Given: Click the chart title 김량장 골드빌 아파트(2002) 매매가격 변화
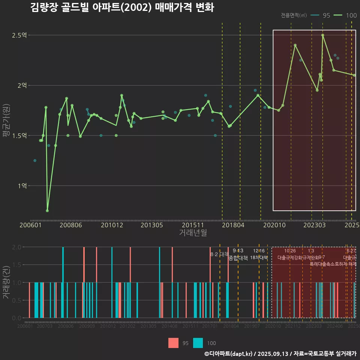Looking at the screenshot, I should pyautogui.click(x=122, y=7).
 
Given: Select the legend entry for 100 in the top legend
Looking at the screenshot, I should pyautogui.click(x=345, y=15).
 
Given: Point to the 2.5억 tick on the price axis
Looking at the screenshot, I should pyautogui.click(x=19, y=35).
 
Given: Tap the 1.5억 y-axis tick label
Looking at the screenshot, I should pyautogui.click(x=19, y=135).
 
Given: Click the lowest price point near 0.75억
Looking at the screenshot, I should pyautogui.click(x=47, y=211).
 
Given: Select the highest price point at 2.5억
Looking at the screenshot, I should pyautogui.click(x=322, y=35).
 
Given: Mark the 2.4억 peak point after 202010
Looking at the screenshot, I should pyautogui.click(x=295, y=45).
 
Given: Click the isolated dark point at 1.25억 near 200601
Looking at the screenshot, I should pyautogui.click(x=35, y=160).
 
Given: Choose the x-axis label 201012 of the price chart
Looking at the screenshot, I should pyautogui.click(x=112, y=225).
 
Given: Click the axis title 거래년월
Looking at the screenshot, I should pyautogui.click(x=193, y=233).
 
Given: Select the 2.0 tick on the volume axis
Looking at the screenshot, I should pyautogui.click(x=17, y=247).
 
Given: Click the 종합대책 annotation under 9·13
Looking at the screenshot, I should pyautogui.click(x=238, y=258).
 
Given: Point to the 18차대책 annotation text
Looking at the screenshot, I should pyautogui.click(x=259, y=258).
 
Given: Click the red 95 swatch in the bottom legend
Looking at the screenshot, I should pyautogui.click(x=174, y=343).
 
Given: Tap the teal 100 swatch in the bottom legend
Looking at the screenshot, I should pyautogui.click(x=198, y=343).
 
